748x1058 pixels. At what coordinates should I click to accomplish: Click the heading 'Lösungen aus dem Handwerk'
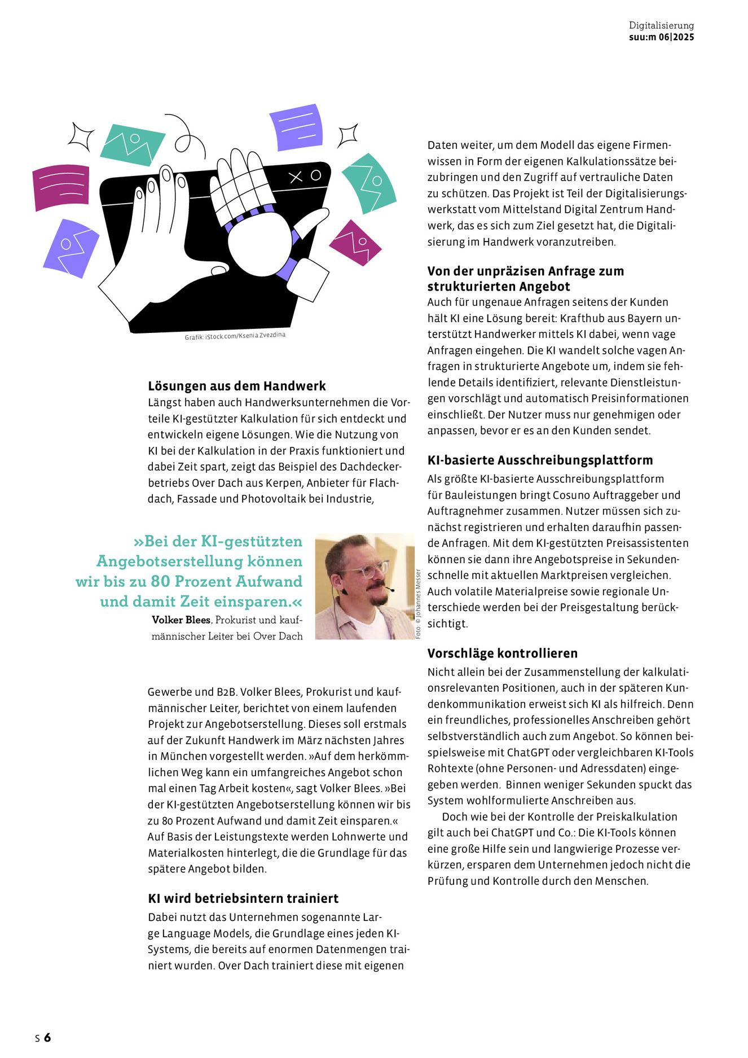[x=237, y=386]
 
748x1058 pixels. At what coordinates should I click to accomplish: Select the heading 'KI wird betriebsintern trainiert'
[x=243, y=898]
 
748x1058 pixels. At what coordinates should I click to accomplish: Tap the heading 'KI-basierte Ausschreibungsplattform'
[x=540, y=460]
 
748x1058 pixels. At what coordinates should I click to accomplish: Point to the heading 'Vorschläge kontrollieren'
[x=502, y=653]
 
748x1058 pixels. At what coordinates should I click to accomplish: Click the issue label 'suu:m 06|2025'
[x=661, y=37]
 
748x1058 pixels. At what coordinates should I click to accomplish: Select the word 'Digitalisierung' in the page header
[x=661, y=25]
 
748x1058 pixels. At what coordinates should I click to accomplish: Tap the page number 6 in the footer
[x=47, y=1037]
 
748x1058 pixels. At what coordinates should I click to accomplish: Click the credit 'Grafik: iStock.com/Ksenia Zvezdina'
[x=235, y=336]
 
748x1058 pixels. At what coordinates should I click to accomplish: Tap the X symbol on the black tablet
[x=296, y=178]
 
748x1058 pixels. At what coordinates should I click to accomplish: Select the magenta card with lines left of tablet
[x=61, y=187]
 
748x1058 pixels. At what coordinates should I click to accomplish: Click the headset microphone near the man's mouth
[x=389, y=590]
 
